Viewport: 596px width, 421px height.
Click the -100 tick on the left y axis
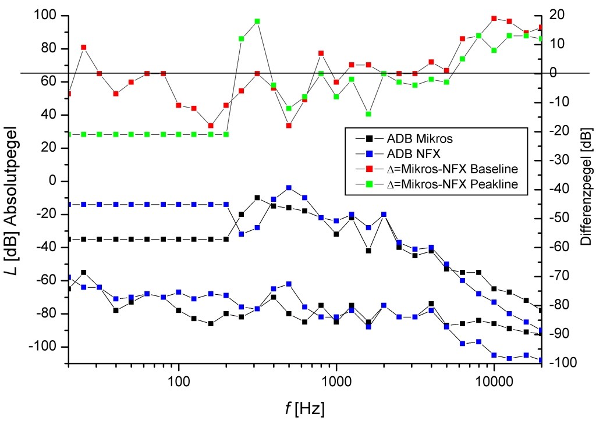click(49, 347)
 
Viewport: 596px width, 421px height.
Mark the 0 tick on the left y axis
click(58, 181)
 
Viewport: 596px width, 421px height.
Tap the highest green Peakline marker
click(257, 22)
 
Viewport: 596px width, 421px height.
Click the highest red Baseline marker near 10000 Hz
click(494, 19)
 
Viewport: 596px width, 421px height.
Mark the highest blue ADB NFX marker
click(289, 188)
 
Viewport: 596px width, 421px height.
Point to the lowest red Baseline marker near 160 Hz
click(211, 126)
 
